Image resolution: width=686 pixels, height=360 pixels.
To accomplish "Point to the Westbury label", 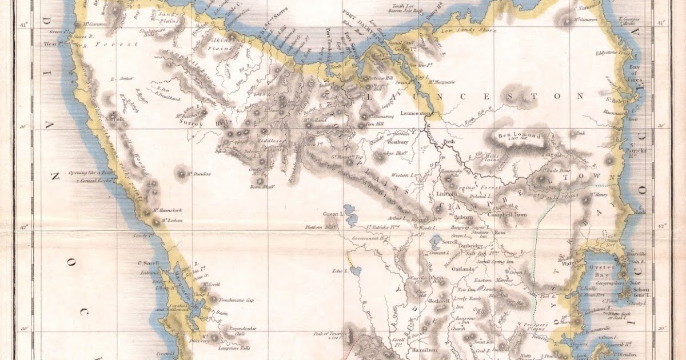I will click(x=398, y=141).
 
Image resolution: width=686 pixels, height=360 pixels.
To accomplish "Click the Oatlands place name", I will click(x=464, y=269).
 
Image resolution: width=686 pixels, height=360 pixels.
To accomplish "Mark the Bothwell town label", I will click(x=440, y=301).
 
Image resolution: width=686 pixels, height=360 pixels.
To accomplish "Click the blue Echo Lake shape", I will click(x=356, y=270).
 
